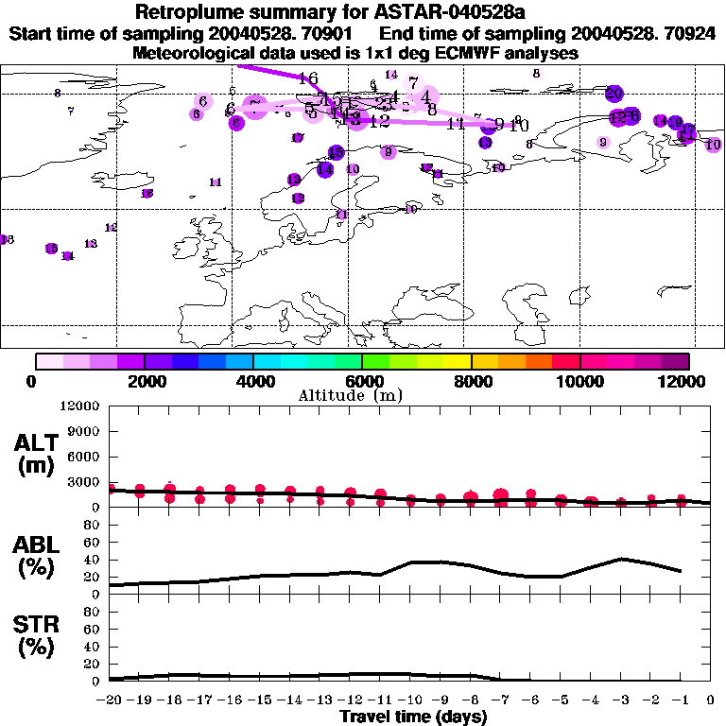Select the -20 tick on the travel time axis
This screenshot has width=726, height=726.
pyautogui.click(x=110, y=700)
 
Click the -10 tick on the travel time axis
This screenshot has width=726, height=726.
pyautogui.click(x=410, y=700)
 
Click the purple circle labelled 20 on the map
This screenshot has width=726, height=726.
pyautogui.click(x=614, y=93)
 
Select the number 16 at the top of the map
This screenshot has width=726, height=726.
pyautogui.click(x=307, y=78)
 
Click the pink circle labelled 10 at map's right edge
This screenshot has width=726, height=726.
pyautogui.click(x=713, y=145)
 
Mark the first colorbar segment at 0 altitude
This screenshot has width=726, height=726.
pyautogui.click(x=49, y=361)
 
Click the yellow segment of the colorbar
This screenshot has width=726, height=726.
pyautogui.click(x=458, y=361)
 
